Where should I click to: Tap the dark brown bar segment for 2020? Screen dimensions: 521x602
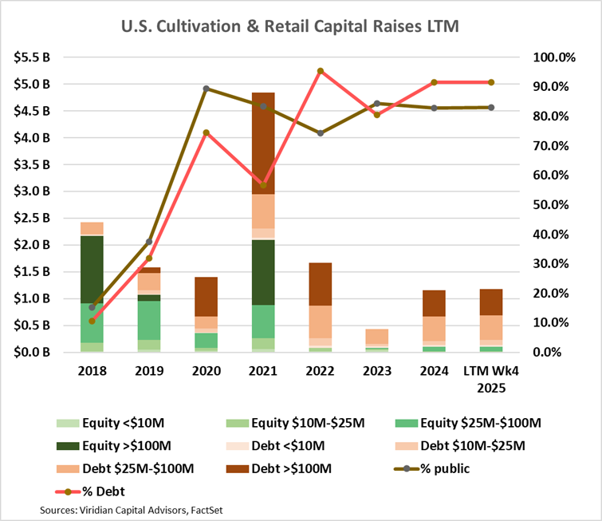[x=206, y=297]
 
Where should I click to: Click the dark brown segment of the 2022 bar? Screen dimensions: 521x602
[x=320, y=284]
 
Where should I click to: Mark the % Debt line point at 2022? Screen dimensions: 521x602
[x=320, y=71]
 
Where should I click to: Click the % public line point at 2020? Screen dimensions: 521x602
[x=206, y=89]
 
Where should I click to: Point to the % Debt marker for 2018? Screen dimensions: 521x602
[x=92, y=321]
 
